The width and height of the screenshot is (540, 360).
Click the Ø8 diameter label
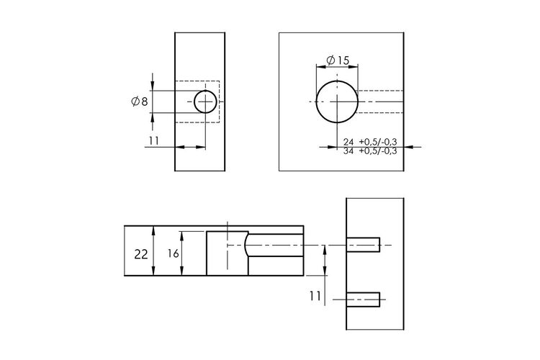pyautogui.click(x=140, y=102)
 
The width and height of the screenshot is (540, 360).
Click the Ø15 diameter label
pyautogui.click(x=338, y=60)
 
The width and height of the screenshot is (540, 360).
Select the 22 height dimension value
pyautogui.click(x=141, y=255)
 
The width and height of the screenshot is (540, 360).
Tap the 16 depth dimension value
pyautogui.click(x=174, y=253)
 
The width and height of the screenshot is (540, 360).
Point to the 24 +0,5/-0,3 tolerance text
pyautogui.click(x=370, y=142)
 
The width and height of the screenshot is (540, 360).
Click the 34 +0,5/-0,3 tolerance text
pyautogui.click(x=370, y=151)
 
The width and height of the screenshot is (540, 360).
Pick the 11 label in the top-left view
pyautogui.click(x=154, y=141)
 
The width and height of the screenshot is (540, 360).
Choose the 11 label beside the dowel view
pyautogui.click(x=315, y=296)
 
